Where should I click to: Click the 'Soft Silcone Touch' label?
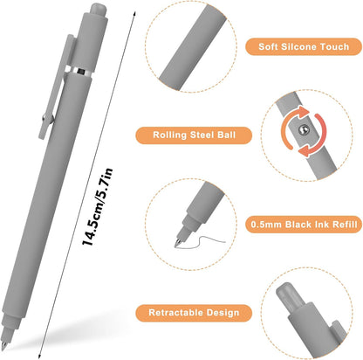[x=304, y=46]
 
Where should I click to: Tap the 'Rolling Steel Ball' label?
[x=194, y=135]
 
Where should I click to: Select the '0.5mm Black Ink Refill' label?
[x=304, y=225]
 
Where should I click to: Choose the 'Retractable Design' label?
[x=194, y=313]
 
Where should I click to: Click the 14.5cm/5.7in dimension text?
[x=97, y=207]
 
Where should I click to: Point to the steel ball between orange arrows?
[x=304, y=129]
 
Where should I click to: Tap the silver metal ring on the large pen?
[x=79, y=71]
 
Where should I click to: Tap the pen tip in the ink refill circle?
[x=177, y=243]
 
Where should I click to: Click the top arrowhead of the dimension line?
[x=134, y=14]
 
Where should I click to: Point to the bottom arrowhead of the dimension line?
[x=39, y=356]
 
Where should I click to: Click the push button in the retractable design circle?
[x=288, y=294]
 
